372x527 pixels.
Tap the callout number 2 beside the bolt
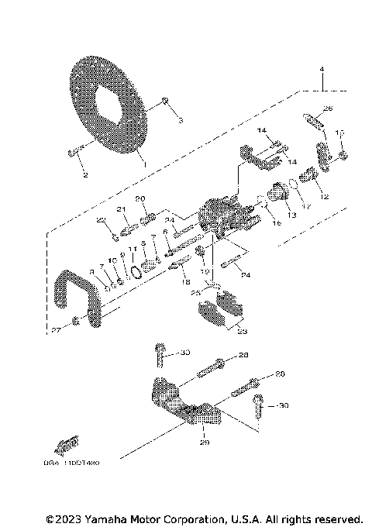84,175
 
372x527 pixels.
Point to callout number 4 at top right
320,70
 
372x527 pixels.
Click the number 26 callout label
327,108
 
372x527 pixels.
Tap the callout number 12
325,197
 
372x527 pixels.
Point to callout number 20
139,199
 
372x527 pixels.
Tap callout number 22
101,221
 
